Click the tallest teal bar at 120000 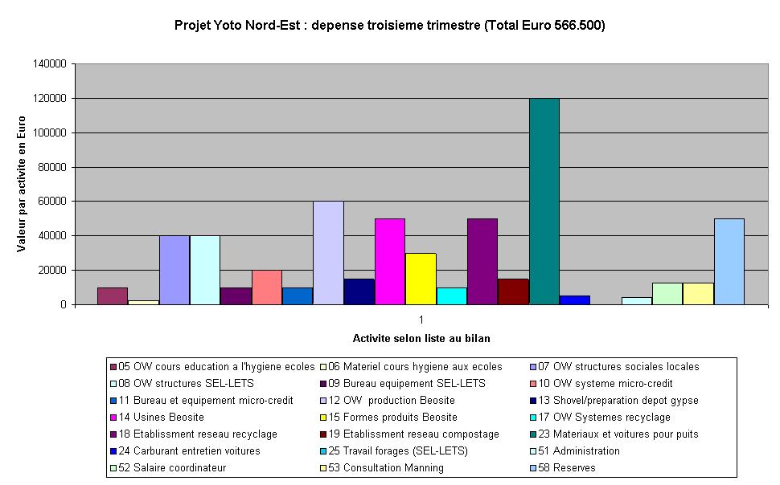click(x=544, y=202)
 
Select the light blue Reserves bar click(x=729, y=262)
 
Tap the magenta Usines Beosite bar click(x=390, y=262)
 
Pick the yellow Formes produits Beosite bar click(x=421, y=279)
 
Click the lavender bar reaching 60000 click(x=328, y=253)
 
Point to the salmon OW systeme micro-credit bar click(x=267, y=287)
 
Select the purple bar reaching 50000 click(x=482, y=262)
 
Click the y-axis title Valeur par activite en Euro click(x=22, y=184)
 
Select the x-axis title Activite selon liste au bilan click(x=421, y=338)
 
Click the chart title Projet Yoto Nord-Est click(x=389, y=25)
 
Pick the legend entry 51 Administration click(x=582, y=450)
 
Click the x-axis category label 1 click(x=421, y=319)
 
